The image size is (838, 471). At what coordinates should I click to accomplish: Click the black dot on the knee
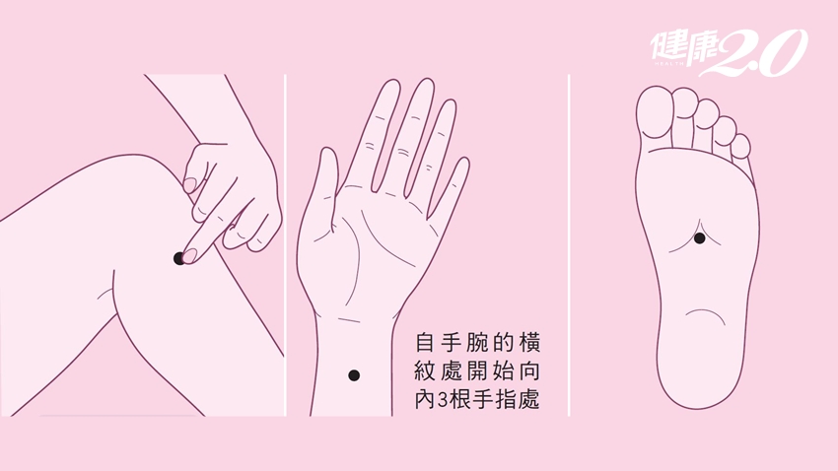(179, 259)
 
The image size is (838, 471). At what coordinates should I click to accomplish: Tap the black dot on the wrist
(354, 375)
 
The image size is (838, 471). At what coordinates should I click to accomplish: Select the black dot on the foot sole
(700, 238)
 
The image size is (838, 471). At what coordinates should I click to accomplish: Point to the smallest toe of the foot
(741, 147)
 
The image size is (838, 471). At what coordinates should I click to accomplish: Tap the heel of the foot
(696, 369)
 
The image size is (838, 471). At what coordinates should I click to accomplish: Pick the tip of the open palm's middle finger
(426, 81)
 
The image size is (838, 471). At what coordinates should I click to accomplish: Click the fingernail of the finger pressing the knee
(190, 256)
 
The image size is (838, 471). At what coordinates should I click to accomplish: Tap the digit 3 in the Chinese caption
(442, 400)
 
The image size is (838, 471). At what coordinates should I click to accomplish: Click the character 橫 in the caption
(529, 342)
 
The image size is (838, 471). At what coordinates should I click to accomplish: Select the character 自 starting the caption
(424, 342)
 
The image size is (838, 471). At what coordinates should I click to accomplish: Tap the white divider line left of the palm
(285, 245)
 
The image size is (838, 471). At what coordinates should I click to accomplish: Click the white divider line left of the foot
(569, 245)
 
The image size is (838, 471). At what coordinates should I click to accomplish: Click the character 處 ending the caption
(529, 400)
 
